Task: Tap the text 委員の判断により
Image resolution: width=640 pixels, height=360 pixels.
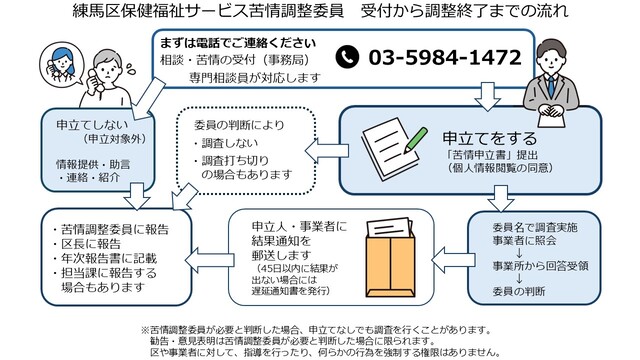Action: coord(237,126)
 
